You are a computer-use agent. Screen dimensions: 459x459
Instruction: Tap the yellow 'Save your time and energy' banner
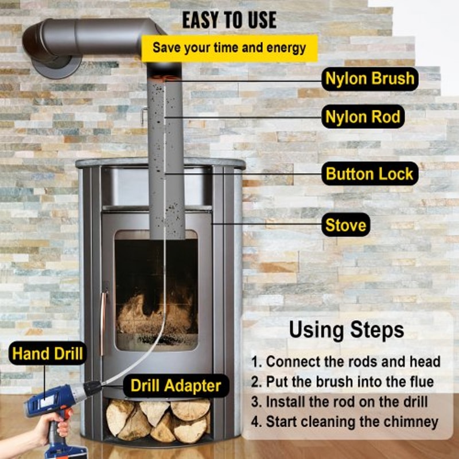pos(229,48)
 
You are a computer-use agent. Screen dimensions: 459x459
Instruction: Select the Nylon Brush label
pos(369,79)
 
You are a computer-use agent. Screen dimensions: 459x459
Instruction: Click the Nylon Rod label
pos(363,117)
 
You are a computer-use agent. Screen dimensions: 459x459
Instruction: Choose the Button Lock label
pos(369,174)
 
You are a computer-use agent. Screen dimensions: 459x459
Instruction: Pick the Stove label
pos(346,225)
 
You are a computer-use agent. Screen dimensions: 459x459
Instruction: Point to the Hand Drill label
pos(48,353)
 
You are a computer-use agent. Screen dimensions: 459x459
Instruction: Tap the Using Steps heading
pos(346,330)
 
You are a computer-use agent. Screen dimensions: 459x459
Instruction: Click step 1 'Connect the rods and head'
pos(346,362)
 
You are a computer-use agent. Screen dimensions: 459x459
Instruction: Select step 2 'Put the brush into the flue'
pos(342,382)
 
